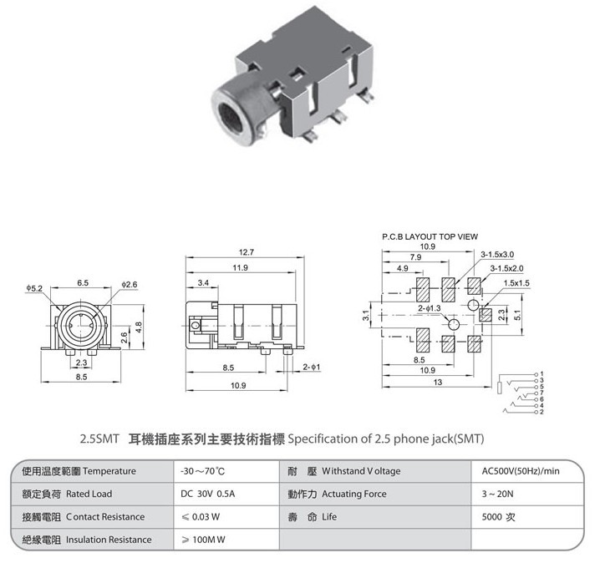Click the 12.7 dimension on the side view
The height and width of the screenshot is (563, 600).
click(x=246, y=252)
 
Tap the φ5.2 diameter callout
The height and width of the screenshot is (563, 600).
click(x=34, y=288)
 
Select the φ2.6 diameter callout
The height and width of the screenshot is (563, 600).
click(x=130, y=285)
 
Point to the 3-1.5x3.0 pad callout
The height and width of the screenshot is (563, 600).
click(x=497, y=254)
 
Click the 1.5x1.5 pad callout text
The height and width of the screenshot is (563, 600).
click(x=516, y=283)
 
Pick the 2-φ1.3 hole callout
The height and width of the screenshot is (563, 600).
click(x=429, y=308)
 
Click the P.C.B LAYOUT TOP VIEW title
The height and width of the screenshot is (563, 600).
click(x=430, y=236)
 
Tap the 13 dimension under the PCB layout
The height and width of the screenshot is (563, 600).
click(x=437, y=382)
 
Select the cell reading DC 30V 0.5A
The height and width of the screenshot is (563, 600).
click(x=208, y=494)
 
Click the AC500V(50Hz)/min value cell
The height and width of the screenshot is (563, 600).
click(x=521, y=471)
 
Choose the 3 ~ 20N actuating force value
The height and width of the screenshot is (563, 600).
click(x=497, y=494)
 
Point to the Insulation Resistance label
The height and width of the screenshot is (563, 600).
click(x=109, y=540)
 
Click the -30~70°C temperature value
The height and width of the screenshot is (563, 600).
click(x=202, y=471)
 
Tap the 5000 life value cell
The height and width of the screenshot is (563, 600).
click(x=498, y=517)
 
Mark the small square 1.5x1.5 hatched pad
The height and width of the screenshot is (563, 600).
click(x=486, y=315)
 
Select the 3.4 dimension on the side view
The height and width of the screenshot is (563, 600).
click(x=203, y=283)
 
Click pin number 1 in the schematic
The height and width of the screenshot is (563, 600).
click(x=542, y=373)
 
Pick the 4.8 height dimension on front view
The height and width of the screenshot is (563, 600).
click(x=139, y=327)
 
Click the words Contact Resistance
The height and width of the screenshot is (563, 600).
click(x=105, y=517)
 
